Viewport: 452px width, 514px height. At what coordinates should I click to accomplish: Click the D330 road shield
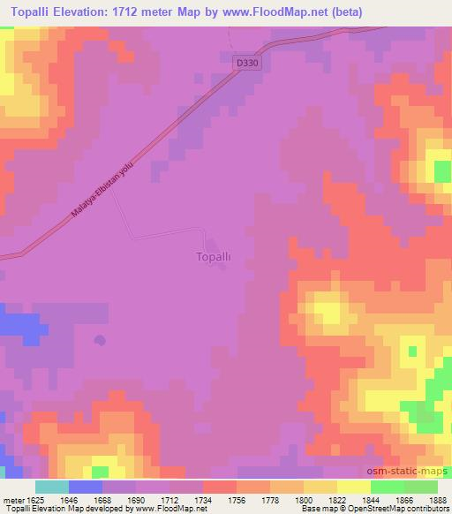(249, 64)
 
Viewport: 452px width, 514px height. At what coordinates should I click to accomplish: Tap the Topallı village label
(212, 258)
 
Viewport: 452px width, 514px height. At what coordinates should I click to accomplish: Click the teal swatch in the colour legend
(52, 487)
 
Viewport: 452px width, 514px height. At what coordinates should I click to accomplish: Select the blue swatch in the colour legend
(86, 487)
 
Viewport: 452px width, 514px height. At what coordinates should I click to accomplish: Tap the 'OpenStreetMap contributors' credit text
(407, 509)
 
